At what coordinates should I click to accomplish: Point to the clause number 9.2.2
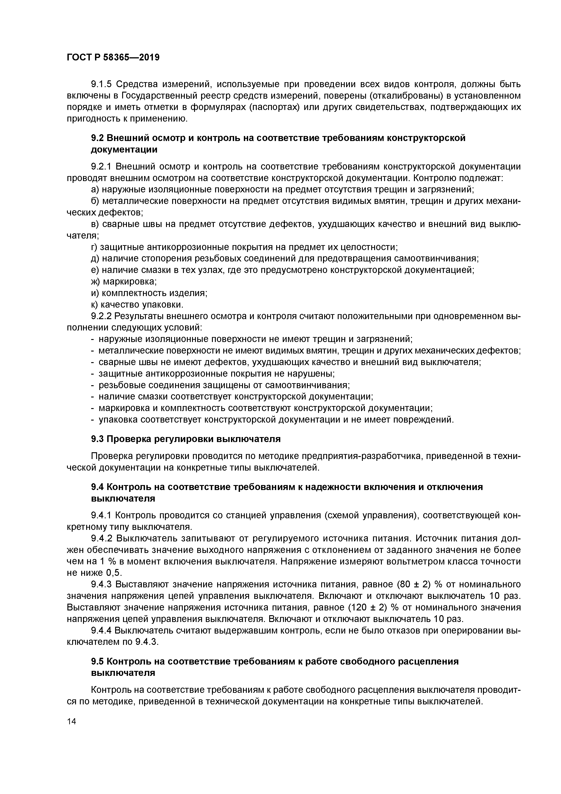(x=101, y=316)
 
